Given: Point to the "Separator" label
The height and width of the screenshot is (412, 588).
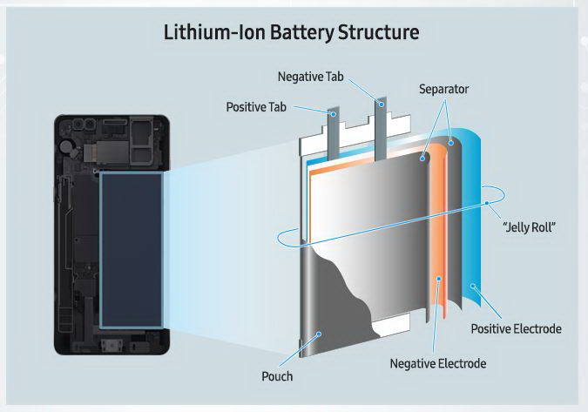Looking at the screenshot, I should click(444, 90).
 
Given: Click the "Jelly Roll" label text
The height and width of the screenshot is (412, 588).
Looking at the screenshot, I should click(530, 227).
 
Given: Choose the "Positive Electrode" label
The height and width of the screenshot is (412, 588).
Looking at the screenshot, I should click(516, 328).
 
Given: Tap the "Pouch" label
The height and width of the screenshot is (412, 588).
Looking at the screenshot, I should click(276, 376).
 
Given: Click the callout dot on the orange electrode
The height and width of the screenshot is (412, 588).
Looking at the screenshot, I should click(438, 279).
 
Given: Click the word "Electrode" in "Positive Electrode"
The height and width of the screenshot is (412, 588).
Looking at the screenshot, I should click(537, 328).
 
